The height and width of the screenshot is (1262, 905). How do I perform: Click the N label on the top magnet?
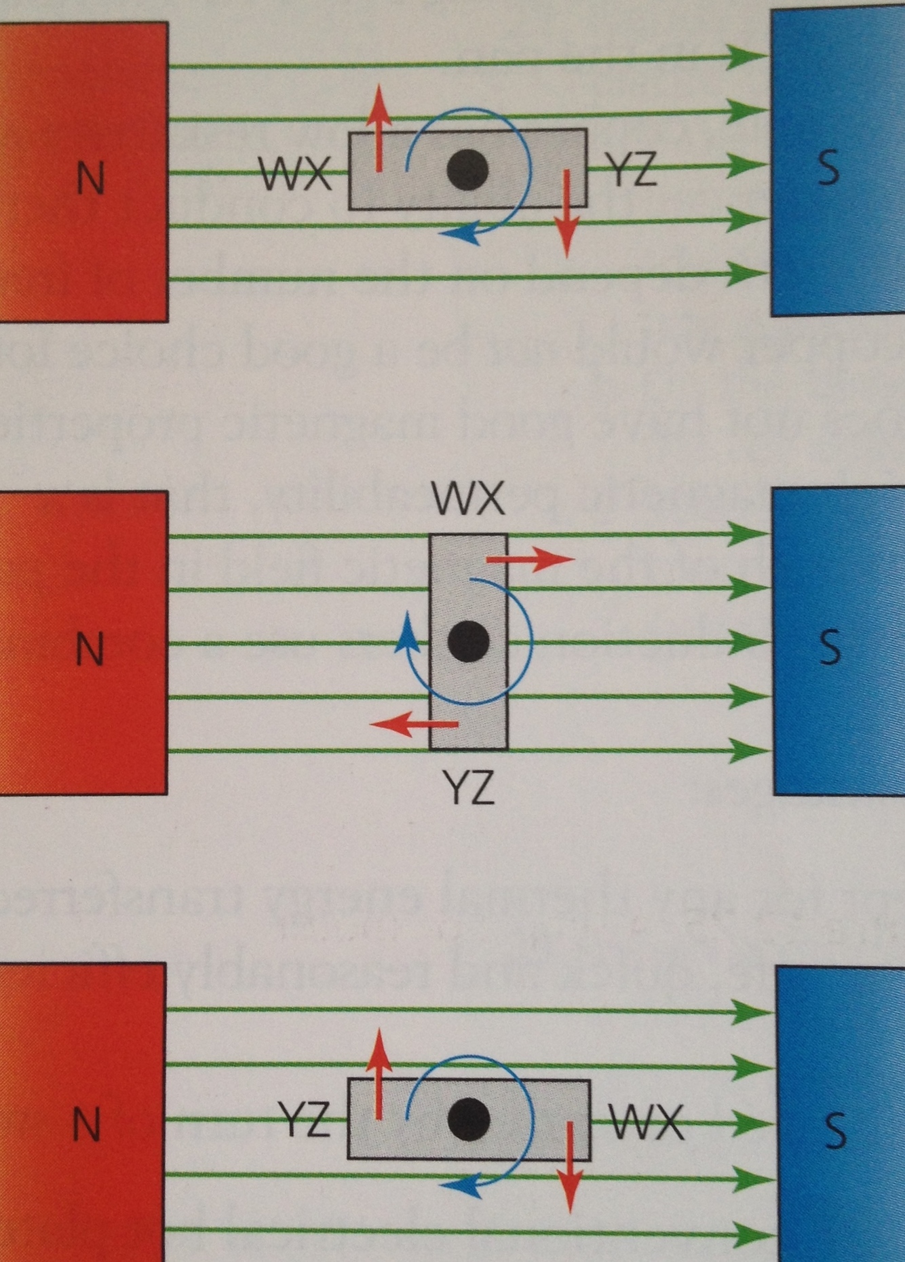(x=91, y=179)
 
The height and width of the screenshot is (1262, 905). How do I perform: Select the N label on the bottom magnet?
(x=86, y=1124)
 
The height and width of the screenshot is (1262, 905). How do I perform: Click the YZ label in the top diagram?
(x=631, y=170)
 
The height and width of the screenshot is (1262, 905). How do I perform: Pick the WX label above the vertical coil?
(x=468, y=499)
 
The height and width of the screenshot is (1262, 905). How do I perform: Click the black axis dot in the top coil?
(x=468, y=170)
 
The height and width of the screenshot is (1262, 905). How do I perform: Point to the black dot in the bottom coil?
(x=469, y=1119)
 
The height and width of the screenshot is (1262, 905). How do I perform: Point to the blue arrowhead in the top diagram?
(x=458, y=235)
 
